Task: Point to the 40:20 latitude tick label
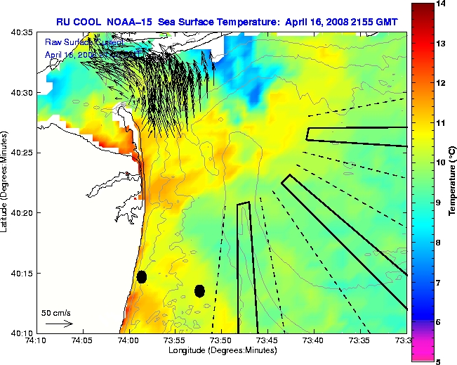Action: click(x=23, y=213)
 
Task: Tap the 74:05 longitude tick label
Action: click(x=82, y=341)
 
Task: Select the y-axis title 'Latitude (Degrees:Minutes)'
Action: click(x=6, y=182)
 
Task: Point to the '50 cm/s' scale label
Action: click(x=56, y=313)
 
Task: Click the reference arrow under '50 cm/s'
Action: click(x=59, y=324)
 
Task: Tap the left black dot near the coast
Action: click(x=142, y=276)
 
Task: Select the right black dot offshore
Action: click(x=200, y=290)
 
